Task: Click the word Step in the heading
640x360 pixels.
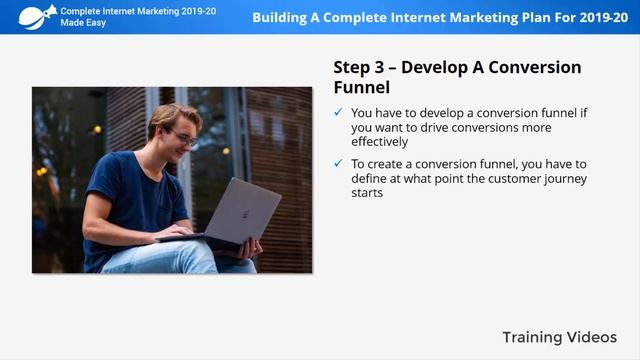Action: click(352, 67)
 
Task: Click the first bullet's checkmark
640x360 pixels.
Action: click(339, 113)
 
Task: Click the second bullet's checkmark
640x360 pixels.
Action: click(339, 164)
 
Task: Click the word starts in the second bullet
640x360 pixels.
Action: click(367, 193)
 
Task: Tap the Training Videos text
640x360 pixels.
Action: click(559, 337)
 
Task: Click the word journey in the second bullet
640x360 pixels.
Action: click(562, 179)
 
